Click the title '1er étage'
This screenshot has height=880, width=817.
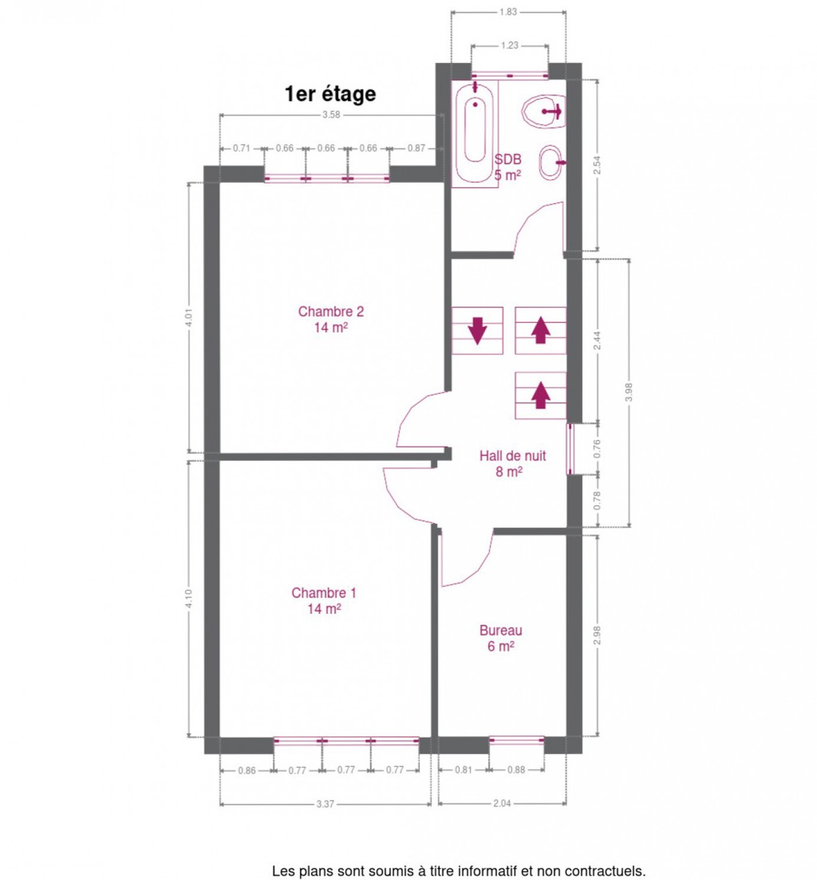point(330,95)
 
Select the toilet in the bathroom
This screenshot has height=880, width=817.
point(545,111)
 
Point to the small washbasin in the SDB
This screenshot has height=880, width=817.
point(551,163)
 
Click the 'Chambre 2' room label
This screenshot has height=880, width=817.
point(331,312)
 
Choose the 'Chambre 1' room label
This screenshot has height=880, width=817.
point(324,593)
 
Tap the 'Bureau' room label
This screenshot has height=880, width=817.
point(501,630)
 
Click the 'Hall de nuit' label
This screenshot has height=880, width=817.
point(512,455)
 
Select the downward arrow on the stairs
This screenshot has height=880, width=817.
point(477,331)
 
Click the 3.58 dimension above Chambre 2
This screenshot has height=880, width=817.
point(331,114)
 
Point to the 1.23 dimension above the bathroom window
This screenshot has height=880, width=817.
point(509,45)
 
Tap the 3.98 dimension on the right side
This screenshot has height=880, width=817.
point(628,392)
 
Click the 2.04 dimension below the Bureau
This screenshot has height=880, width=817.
point(501,804)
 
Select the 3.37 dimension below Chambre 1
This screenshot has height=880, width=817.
point(325,804)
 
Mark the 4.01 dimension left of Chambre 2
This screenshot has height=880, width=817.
point(189,318)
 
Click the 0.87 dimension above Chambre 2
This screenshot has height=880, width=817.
point(416,148)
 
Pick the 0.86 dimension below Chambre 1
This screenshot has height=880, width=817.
point(247,771)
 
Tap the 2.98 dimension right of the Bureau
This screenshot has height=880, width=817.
point(598,635)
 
